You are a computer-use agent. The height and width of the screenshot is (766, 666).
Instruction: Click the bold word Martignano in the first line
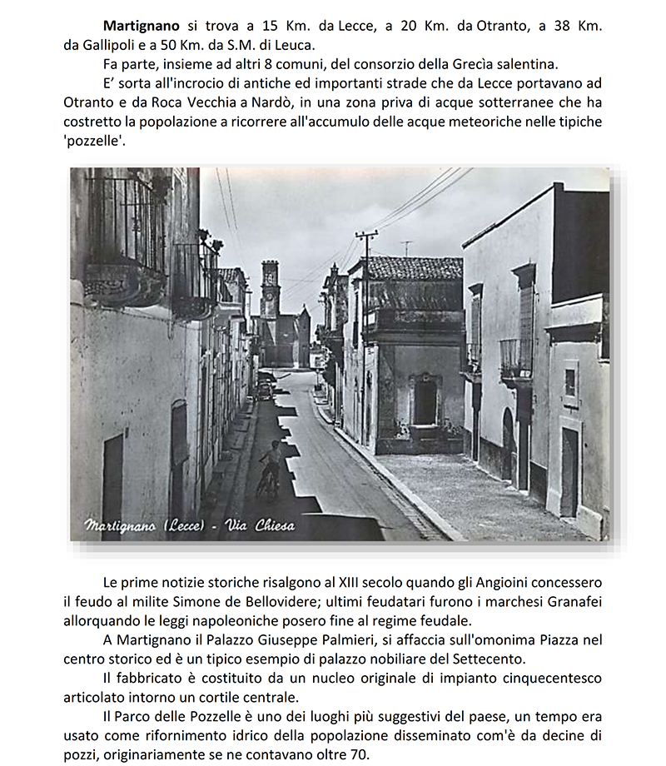point(138,26)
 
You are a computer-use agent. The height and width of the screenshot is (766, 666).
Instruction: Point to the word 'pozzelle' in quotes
point(94,140)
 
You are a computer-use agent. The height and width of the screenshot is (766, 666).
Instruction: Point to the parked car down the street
point(264,390)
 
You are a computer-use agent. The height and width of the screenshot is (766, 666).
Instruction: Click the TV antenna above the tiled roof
point(406,247)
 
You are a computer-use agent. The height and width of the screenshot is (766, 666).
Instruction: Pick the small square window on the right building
point(570,382)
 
